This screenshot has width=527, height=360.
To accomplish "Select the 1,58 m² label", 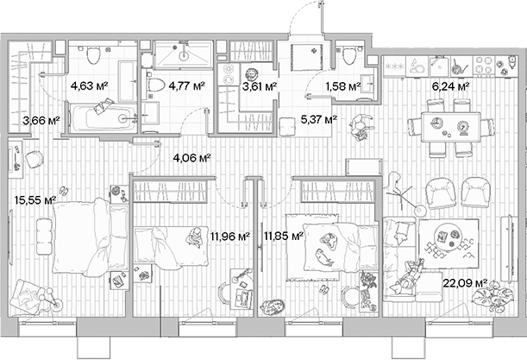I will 342,85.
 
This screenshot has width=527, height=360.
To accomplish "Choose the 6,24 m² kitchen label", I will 450,86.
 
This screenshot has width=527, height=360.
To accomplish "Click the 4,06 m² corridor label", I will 191,157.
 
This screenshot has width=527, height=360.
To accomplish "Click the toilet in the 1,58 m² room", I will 349,56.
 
